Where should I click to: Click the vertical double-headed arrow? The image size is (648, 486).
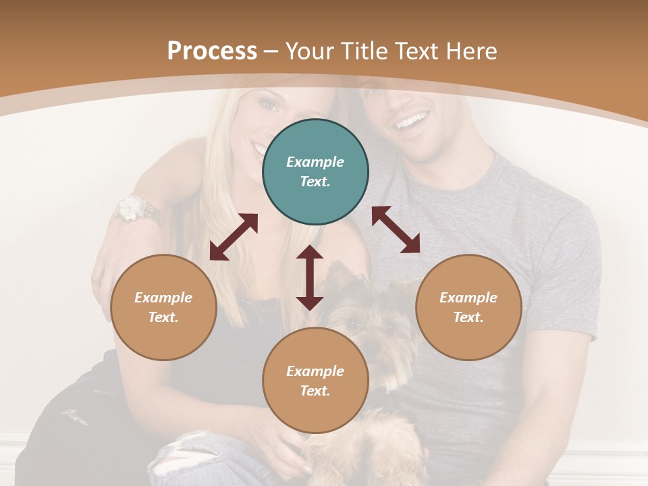point(310,277)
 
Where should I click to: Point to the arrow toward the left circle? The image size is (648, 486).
point(234,237)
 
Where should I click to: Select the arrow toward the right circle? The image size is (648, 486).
point(396,230)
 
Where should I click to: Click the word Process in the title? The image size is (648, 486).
point(212,51)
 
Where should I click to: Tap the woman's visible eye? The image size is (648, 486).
point(269,105)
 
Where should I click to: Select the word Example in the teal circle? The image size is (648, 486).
point(315,162)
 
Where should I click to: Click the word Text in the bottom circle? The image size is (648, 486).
point(315,391)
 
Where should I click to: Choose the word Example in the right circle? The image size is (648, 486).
point(468,298)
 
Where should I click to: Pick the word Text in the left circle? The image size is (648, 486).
point(163,317)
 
